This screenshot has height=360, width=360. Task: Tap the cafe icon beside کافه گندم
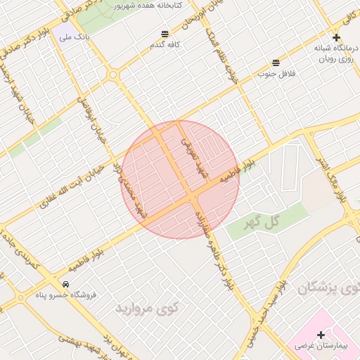165,33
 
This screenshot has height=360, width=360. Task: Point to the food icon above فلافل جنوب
276,63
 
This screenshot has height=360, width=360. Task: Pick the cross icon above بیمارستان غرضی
321,335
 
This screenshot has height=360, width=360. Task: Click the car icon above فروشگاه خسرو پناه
65,284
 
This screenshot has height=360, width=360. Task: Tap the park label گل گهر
262,223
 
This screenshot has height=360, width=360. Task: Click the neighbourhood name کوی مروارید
147,308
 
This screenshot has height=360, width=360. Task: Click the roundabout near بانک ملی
112,74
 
